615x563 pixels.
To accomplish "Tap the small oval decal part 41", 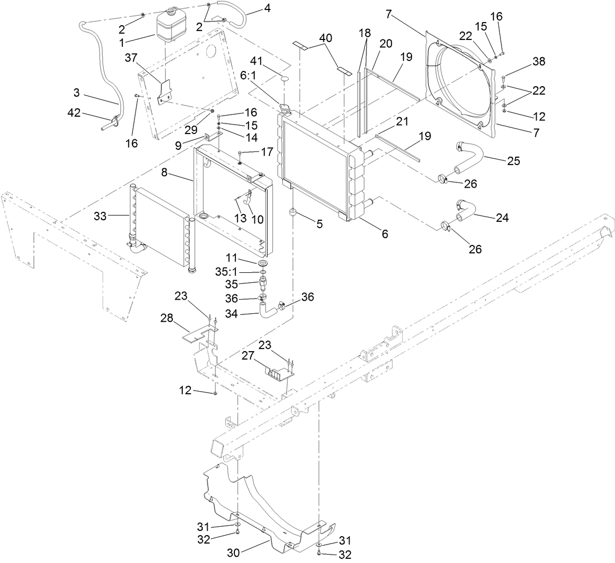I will pos(284,79).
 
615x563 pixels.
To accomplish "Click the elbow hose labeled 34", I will pos(266,309).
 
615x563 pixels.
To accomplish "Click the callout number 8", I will pos(165,172).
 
